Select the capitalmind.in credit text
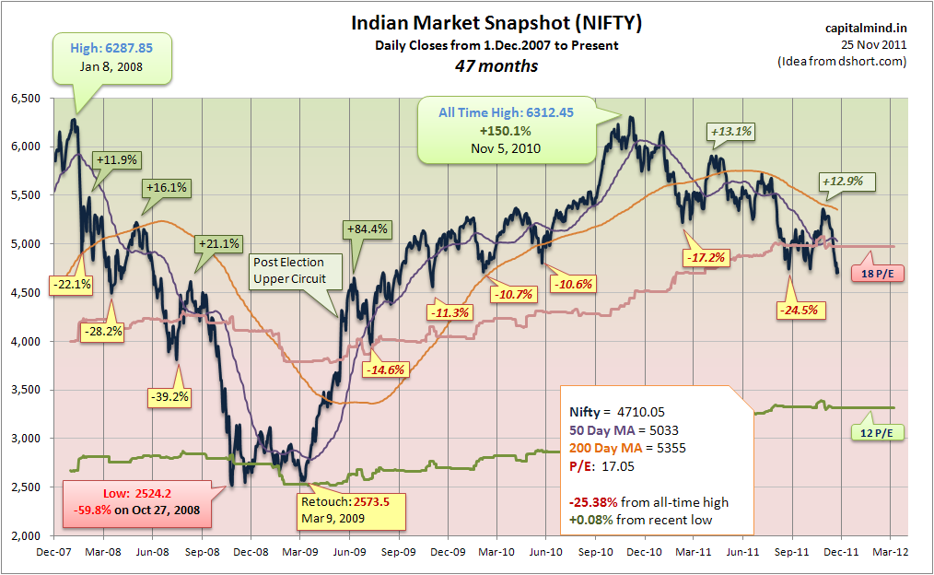click(x=866, y=28)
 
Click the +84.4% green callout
click(x=367, y=229)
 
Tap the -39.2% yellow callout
click(x=169, y=397)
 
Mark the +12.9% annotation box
click(x=842, y=182)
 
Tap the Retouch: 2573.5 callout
click(x=352, y=510)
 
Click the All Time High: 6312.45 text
click(x=506, y=112)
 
